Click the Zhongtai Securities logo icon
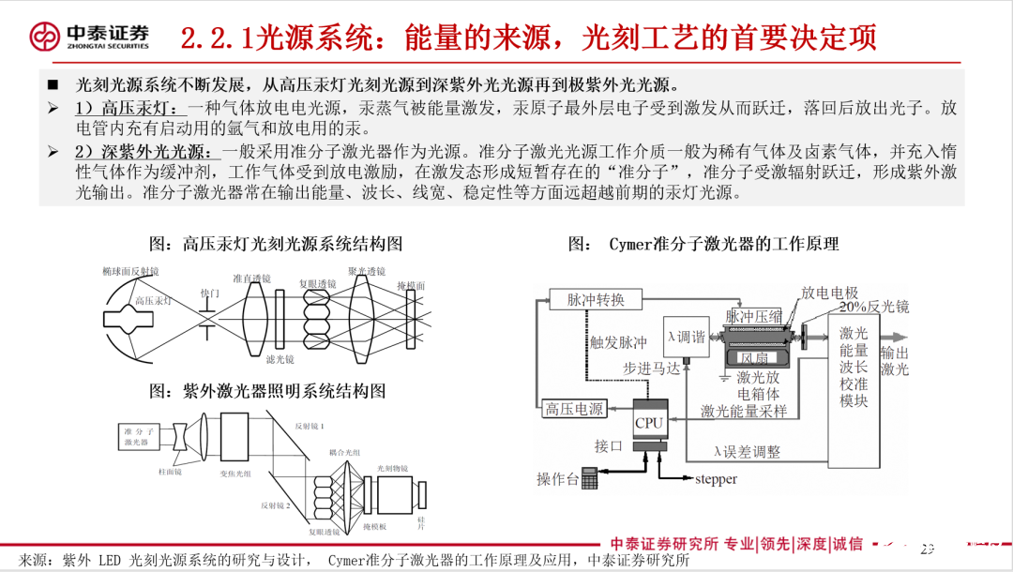pyautogui.click(x=43, y=36)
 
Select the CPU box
pyautogui.click(x=648, y=422)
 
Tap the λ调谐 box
pyautogui.click(x=686, y=337)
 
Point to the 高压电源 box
pyautogui.click(x=575, y=409)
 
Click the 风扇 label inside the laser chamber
pyautogui.click(x=755, y=357)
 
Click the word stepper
pyautogui.click(x=716, y=479)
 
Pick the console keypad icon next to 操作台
pyautogui.click(x=590, y=478)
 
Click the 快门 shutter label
pyautogui.click(x=209, y=294)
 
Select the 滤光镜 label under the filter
pyautogui.click(x=280, y=360)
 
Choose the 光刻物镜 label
pyautogui.click(x=393, y=467)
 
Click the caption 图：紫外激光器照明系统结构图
pyautogui.click(x=267, y=390)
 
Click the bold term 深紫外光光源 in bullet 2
pyautogui.click(x=143, y=151)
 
